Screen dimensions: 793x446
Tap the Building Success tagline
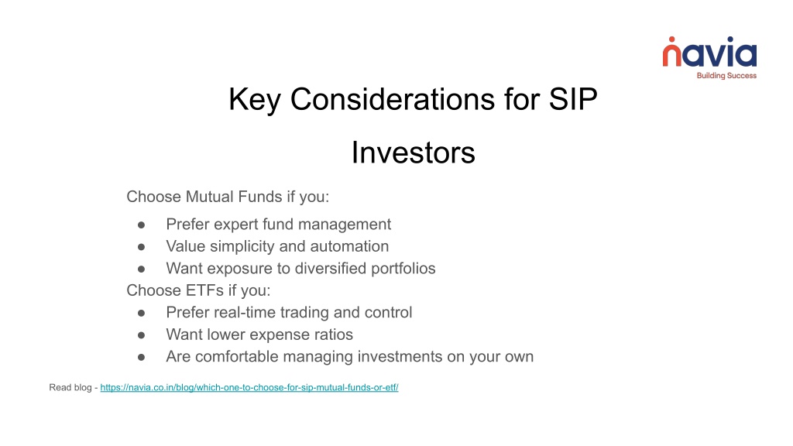tap(726, 76)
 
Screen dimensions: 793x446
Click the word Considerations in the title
tap(393, 99)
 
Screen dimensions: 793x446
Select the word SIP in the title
tap(573, 99)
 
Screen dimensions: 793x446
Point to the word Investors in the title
tap(414, 153)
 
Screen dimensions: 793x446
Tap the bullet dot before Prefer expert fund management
tap(141, 225)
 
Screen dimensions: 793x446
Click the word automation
tap(349, 246)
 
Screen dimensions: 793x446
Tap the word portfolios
tap(403, 269)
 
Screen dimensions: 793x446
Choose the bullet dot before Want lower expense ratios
tap(141, 334)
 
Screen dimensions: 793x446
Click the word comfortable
tap(237, 356)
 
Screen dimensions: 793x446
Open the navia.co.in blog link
tap(249, 387)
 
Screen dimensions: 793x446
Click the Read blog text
tap(70, 387)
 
